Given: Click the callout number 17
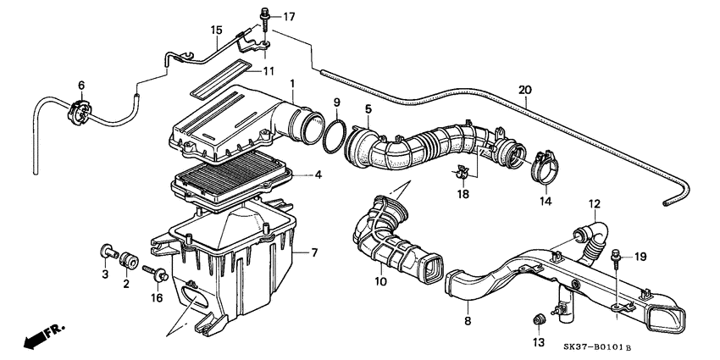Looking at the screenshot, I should pyautogui.click(x=290, y=16).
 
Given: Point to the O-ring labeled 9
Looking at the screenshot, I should pyautogui.click(x=334, y=135).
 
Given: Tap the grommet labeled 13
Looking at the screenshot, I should pyautogui.click(x=536, y=319).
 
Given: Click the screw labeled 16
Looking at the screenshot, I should pyautogui.click(x=157, y=273).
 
